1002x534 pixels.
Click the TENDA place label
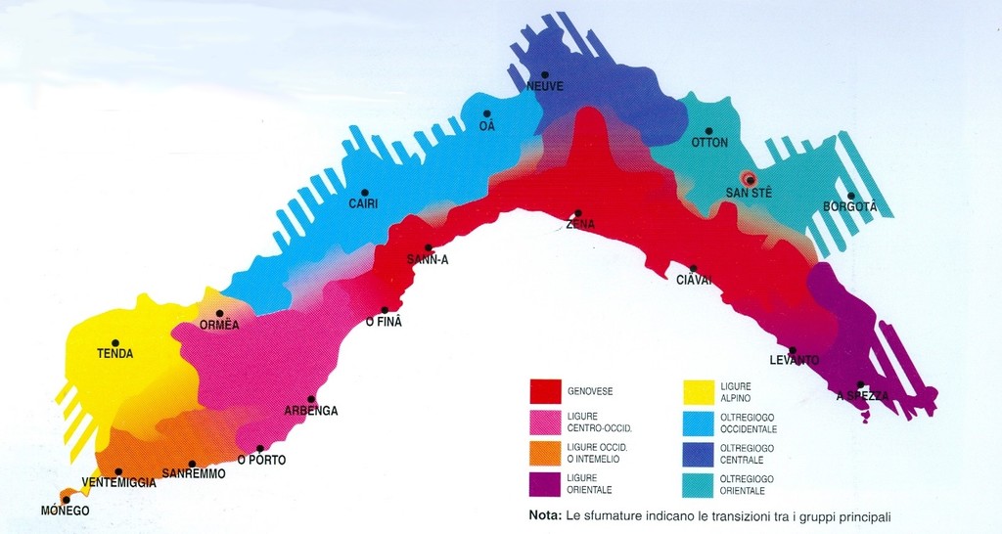coord(114,354)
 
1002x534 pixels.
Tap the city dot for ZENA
coord(578,213)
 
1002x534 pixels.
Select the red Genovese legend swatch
coord(545,391)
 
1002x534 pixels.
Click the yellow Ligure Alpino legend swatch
coord(697,391)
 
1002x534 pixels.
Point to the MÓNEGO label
coord(65,511)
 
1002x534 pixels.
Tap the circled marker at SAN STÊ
coord(749,180)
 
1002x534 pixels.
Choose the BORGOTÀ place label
coord(849,207)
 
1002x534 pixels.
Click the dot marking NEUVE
coord(545,74)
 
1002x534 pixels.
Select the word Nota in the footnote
coord(543,515)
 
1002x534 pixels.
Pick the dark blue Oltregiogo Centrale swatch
coord(697,453)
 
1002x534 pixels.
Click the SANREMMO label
coord(194,473)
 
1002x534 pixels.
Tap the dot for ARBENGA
coord(311,399)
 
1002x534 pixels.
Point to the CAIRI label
coord(363,203)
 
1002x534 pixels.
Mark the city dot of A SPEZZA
coord(860,384)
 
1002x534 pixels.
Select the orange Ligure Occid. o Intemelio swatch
coord(545,453)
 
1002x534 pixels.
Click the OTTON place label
coord(709,143)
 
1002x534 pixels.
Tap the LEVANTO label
coord(794,361)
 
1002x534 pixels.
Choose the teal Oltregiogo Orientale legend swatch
coord(697,483)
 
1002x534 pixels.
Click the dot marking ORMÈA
coord(219,314)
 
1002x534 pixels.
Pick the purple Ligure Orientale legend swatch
coord(545,483)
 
